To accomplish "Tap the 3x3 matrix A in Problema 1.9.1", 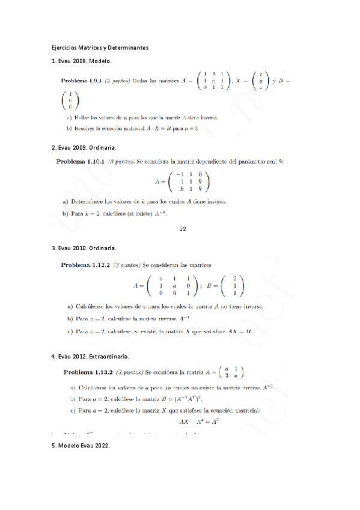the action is pyautogui.click(x=213, y=80).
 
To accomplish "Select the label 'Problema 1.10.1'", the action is pyautogui.click(x=81, y=161).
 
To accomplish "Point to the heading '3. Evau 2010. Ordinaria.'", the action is pyautogui.click(x=84, y=248).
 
